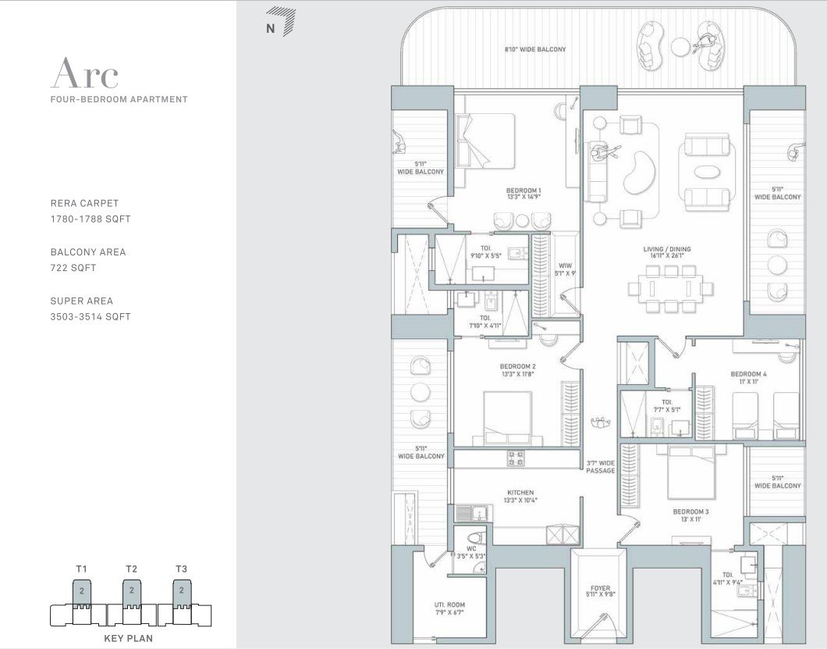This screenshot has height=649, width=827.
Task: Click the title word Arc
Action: point(85,73)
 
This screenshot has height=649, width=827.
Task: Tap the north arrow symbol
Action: point(282,22)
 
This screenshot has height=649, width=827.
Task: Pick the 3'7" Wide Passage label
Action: point(601,467)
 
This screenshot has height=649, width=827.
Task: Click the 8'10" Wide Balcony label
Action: point(534,49)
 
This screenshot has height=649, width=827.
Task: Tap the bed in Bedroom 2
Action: point(507,418)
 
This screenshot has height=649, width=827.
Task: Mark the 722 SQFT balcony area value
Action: point(73,268)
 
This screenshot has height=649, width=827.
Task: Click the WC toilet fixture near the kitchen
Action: point(474,539)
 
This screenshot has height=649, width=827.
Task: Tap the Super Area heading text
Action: point(82,301)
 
